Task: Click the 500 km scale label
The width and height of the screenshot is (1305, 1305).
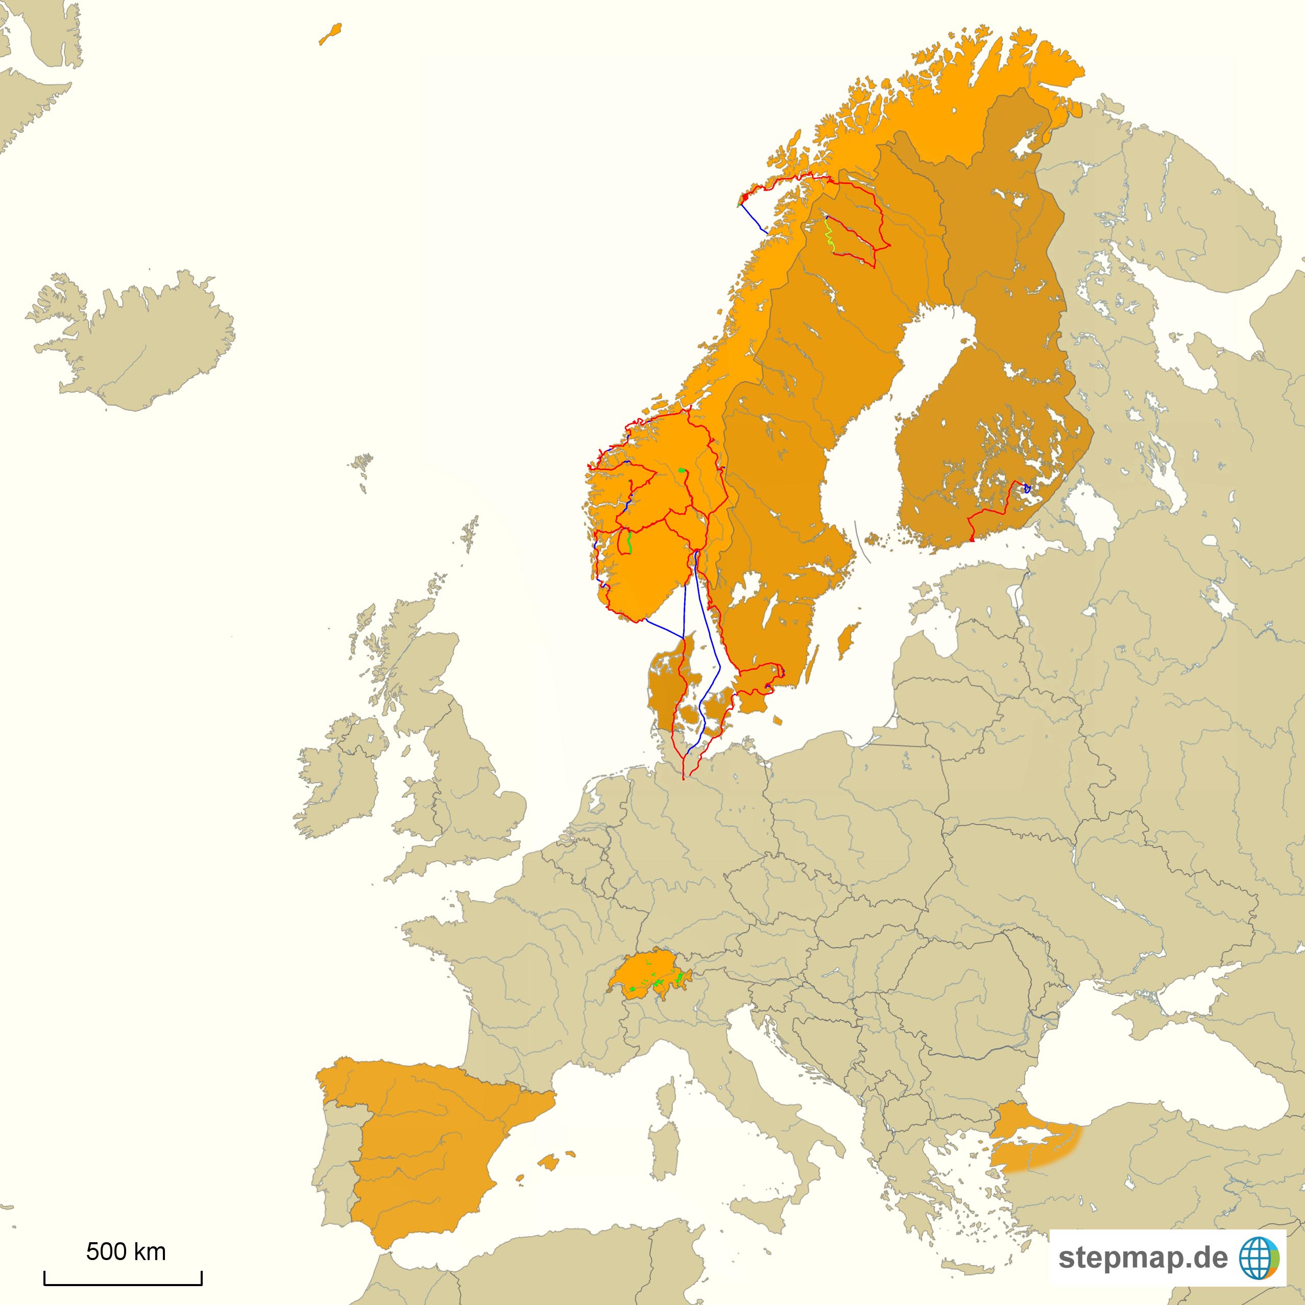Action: click(x=126, y=1251)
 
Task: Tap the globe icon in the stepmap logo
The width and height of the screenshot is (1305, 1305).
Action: click(x=1259, y=1258)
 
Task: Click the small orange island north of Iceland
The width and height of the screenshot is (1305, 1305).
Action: click(x=330, y=34)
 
